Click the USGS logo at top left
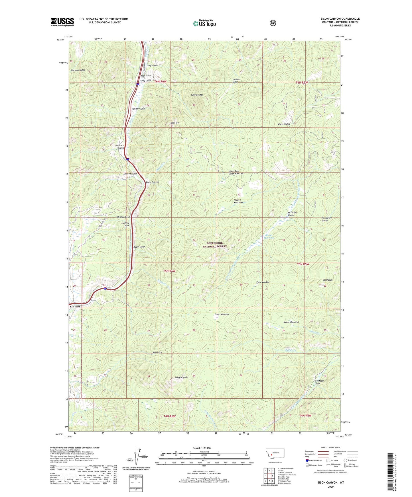click(x=62, y=22)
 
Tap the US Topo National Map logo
click(x=204, y=23)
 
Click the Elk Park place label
click(x=75, y=307)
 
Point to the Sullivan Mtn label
click(x=197, y=95)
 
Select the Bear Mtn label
click(x=175, y=123)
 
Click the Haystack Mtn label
click(x=182, y=377)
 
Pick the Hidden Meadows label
click(x=238, y=201)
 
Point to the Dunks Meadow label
click(x=222, y=314)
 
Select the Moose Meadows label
click(x=291, y=322)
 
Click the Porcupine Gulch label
click(x=326, y=219)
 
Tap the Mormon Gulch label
click(x=78, y=70)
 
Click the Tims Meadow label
click(x=263, y=282)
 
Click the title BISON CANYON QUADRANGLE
click(x=340, y=19)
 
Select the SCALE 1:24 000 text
click(x=202, y=448)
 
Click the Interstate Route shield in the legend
click(x=307, y=460)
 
